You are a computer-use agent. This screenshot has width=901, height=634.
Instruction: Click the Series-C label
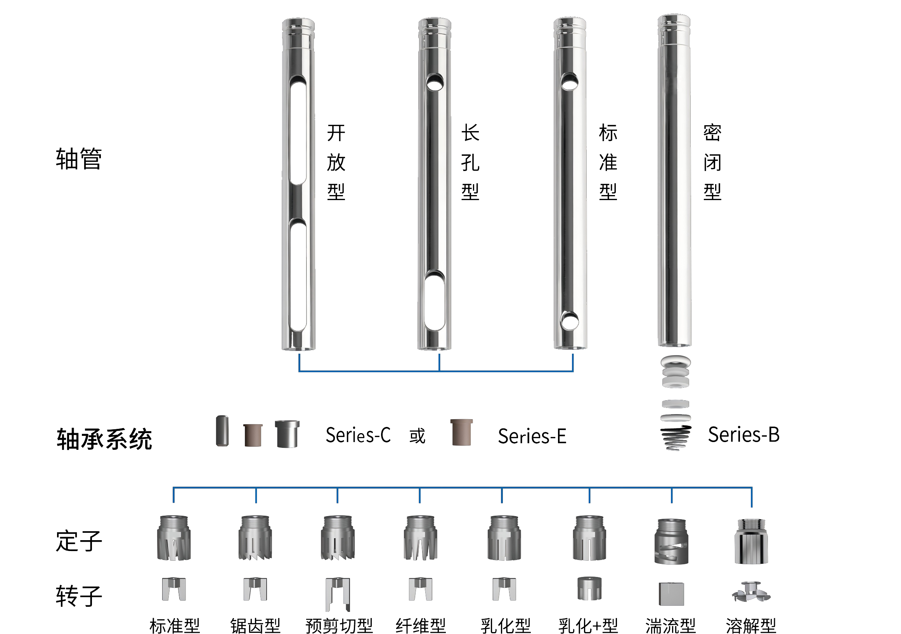tap(358, 435)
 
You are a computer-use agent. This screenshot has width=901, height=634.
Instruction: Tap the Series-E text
tap(532, 436)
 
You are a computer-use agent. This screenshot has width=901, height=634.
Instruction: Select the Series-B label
tap(743, 434)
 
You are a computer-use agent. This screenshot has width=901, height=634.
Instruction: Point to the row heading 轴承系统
tap(104, 439)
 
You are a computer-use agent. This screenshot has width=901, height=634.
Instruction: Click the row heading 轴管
tap(79, 159)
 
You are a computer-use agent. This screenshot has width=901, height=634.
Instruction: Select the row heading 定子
tap(79, 541)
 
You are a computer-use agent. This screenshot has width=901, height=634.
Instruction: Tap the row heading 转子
tap(79, 596)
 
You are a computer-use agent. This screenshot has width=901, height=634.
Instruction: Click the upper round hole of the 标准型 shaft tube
tap(569, 82)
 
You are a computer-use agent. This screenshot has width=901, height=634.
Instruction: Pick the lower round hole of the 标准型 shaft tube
tap(569, 321)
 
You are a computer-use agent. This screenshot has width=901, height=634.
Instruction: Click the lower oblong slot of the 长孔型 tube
tap(435, 301)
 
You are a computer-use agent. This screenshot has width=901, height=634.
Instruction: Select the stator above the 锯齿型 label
tap(255, 537)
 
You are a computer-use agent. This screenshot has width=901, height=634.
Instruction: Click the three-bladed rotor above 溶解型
tap(751, 592)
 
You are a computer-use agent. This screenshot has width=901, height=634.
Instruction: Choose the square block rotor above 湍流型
tap(671, 594)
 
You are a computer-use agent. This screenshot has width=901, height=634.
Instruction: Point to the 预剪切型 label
tap(339, 625)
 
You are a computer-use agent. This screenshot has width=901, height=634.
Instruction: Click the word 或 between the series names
tap(417, 435)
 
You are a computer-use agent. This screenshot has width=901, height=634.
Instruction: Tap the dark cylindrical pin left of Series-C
tap(222, 431)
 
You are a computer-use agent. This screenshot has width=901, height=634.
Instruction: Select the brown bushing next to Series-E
tap(461, 432)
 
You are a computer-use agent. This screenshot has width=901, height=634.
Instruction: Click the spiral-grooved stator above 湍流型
tap(671, 541)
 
